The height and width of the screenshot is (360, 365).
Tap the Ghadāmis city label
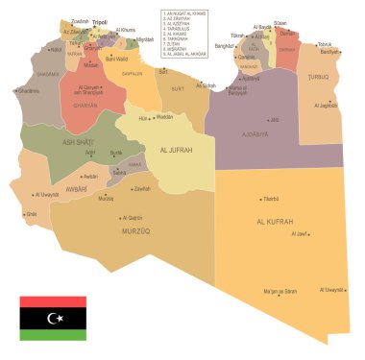pyautogui.click(x=28, y=91)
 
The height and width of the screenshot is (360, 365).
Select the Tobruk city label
pyautogui.click(x=325, y=44)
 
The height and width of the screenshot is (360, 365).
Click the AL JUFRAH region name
pyautogui.click(x=178, y=150)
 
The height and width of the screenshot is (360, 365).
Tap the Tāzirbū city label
pyautogui.click(x=270, y=199)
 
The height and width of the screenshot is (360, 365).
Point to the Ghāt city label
pyautogui.click(x=32, y=214)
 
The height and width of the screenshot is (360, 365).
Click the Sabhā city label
pyautogui.click(x=119, y=172)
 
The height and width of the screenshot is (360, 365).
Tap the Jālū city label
pyautogui.click(x=275, y=120)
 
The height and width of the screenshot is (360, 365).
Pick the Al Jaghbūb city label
pyautogui.click(x=327, y=106)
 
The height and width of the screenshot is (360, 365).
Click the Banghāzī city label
pyautogui.click(x=224, y=45)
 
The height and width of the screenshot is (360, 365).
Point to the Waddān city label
pyautogui.click(x=164, y=117)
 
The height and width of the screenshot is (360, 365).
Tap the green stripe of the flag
pyautogui.click(x=54, y=333)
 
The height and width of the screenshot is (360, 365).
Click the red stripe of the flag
pyautogui.click(x=54, y=301)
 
